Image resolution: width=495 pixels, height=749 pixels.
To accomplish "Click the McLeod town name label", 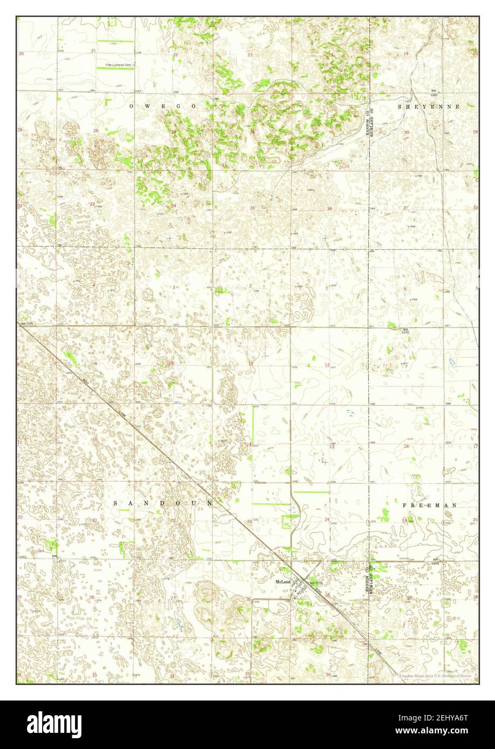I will coord(283,582).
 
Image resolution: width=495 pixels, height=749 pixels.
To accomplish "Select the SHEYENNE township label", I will coord(429,107).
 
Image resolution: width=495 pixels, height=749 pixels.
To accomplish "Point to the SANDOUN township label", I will coord(163,503).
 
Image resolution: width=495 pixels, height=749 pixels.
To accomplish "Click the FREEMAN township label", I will coord(429,505).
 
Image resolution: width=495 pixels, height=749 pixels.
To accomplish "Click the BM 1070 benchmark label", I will coord(406,331).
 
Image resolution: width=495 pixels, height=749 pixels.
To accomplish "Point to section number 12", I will coord(327,365).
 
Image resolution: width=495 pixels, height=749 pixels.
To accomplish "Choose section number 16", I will coord(95,439).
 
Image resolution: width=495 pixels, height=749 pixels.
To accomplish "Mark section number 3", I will coord(174,287).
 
